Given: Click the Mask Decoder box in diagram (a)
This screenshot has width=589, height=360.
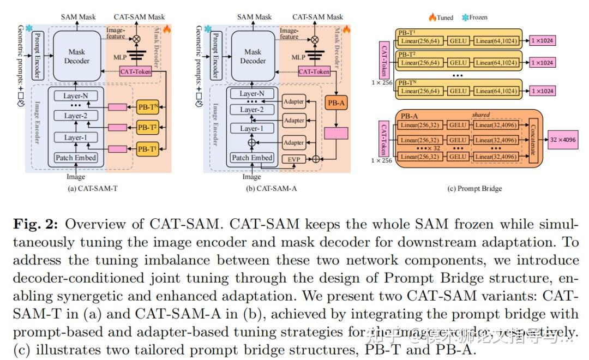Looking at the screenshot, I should coord(77,56).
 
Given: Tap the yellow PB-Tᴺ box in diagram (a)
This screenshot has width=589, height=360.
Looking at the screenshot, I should coord(147,106).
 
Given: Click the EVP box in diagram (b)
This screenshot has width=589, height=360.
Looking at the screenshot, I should coord(294,160).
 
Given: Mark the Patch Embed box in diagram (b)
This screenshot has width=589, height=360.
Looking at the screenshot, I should coord(252,158).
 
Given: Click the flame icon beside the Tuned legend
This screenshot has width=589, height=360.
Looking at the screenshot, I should coord(432,17).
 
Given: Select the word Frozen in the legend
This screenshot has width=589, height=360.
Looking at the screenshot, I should coord(478,17).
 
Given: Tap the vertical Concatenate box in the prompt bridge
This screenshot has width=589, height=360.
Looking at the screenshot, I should coord(534,140).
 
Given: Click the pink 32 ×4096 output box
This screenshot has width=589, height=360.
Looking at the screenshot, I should coord(563,139).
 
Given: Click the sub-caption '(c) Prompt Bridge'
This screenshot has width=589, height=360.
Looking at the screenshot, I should coord(474,189).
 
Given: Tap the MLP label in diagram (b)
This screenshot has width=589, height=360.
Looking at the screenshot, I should coord(298,57).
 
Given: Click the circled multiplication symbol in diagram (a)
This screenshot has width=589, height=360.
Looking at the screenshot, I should coord(137,39).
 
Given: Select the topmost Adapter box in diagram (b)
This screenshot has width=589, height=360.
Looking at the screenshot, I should coord(294,101).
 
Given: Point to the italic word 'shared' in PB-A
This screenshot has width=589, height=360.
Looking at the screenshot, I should coord(481,115).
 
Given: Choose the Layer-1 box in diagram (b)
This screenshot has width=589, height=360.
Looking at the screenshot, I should coord(251,129).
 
